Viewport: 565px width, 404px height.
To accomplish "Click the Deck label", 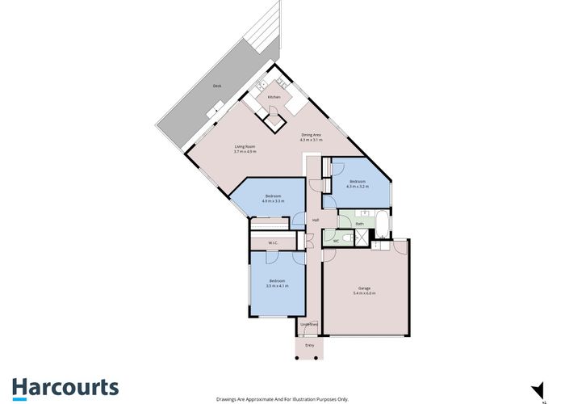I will click(x=216, y=86).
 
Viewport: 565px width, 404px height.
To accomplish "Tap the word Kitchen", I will click(x=274, y=97).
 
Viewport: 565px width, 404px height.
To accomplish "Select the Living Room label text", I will click(x=245, y=147).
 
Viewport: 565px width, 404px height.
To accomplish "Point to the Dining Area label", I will click(x=312, y=135).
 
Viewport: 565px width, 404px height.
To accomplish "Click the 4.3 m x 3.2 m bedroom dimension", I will click(x=357, y=187).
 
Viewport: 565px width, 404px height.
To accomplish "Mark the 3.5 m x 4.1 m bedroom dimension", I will click(x=277, y=285).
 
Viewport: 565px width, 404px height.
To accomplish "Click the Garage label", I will click(x=364, y=288).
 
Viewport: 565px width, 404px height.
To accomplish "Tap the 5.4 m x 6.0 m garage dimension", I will click(x=364, y=292).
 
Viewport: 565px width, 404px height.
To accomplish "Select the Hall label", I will click(x=316, y=220).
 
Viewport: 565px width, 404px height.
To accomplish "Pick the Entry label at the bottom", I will click(x=309, y=345).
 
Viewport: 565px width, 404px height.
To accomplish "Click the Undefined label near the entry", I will click(x=310, y=325).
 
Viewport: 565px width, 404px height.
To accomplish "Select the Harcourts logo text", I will click(x=65, y=387).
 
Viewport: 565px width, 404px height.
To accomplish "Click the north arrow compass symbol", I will click(x=534, y=388).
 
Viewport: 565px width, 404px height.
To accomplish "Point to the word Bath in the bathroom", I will click(x=359, y=223).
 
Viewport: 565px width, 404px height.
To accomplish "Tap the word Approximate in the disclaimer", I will click(x=262, y=399).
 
